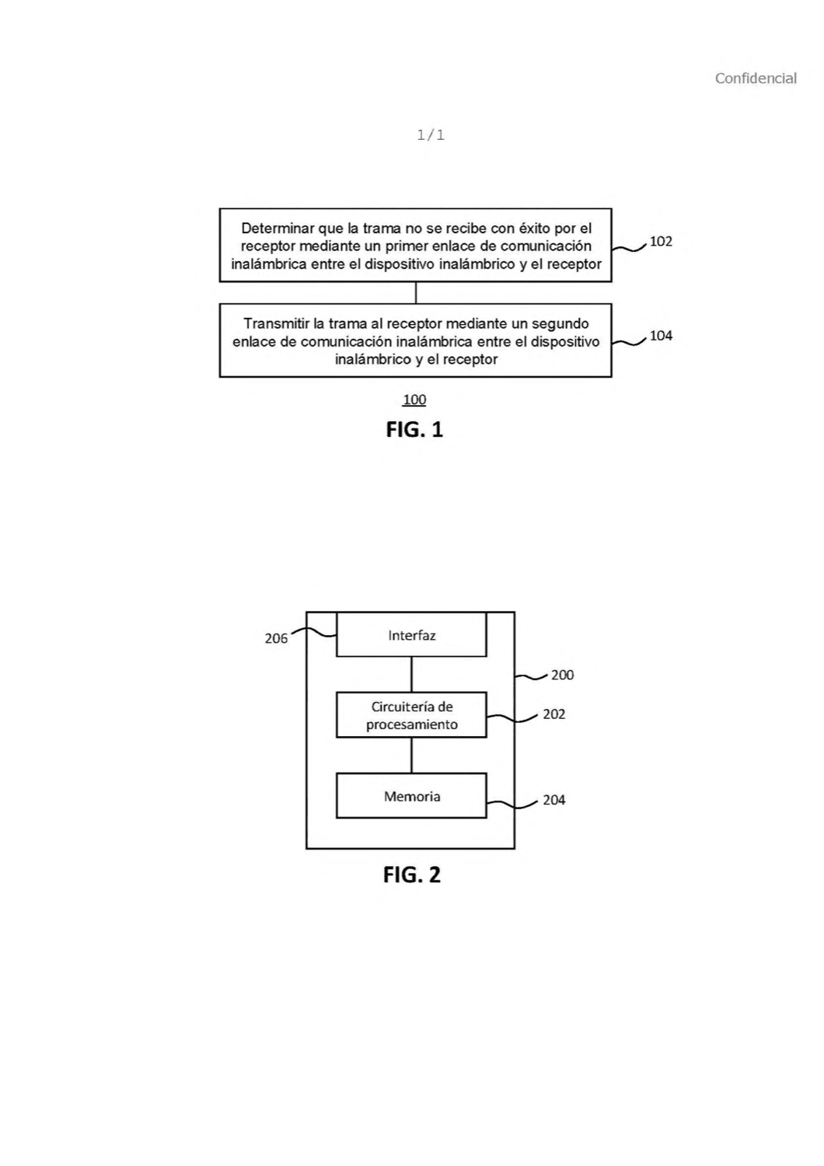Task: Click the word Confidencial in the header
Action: click(x=756, y=78)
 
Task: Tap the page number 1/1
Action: click(x=431, y=135)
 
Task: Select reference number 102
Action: click(x=661, y=241)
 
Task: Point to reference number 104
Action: click(x=661, y=336)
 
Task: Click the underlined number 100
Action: click(x=414, y=400)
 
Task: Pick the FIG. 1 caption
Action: click(x=414, y=429)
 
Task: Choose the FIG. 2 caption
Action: click(x=412, y=874)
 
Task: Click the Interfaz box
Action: click(x=411, y=634)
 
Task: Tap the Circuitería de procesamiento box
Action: click(x=411, y=714)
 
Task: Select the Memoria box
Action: click(x=411, y=795)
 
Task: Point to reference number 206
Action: click(x=276, y=639)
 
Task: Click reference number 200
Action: click(x=562, y=676)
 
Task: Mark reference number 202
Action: click(x=553, y=714)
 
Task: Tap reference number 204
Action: click(x=553, y=800)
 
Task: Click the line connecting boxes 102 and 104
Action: click(x=415, y=293)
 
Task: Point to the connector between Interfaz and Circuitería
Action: click(x=411, y=675)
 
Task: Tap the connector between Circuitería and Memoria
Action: click(x=411, y=756)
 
